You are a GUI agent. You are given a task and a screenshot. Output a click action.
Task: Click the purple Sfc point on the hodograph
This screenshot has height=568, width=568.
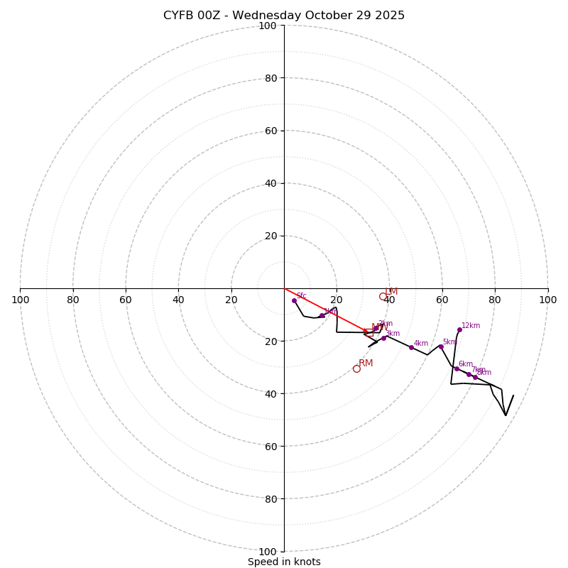[x=294, y=300]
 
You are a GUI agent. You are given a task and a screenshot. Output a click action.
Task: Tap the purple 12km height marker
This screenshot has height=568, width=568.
[x=459, y=329]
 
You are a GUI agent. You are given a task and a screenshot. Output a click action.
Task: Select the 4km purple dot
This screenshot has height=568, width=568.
[x=411, y=347]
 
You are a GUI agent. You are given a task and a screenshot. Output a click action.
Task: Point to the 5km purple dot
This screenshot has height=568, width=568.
[x=440, y=346]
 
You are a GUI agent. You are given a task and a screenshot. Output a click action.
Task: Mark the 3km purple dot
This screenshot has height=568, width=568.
[x=383, y=338]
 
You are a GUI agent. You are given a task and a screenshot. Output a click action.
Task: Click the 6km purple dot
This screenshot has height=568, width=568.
[x=457, y=368]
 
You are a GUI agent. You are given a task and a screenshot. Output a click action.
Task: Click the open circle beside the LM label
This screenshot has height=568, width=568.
[x=383, y=297]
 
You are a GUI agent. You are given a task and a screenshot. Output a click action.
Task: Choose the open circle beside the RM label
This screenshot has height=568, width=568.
[x=356, y=368]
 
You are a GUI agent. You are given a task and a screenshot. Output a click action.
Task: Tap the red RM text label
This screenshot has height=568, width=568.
[x=366, y=364]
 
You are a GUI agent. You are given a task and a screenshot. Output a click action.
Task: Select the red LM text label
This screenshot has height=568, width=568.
[x=391, y=292]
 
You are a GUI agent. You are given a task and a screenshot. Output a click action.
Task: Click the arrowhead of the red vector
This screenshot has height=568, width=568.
[x=367, y=332]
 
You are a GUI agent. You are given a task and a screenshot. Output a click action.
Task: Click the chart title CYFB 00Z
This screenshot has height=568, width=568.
[x=284, y=16]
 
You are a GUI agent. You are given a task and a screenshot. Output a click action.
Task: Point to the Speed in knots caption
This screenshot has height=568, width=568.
[x=284, y=562]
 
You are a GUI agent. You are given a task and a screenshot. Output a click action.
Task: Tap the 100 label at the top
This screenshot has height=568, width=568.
[x=268, y=26]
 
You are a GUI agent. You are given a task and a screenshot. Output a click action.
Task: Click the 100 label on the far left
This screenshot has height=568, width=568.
[x=21, y=300]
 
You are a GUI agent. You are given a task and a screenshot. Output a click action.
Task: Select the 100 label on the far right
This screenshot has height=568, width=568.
[x=548, y=300]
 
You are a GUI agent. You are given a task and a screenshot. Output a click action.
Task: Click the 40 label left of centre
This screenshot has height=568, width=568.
[x=178, y=300]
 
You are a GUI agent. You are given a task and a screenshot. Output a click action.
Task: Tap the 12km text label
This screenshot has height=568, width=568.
[x=471, y=326]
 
